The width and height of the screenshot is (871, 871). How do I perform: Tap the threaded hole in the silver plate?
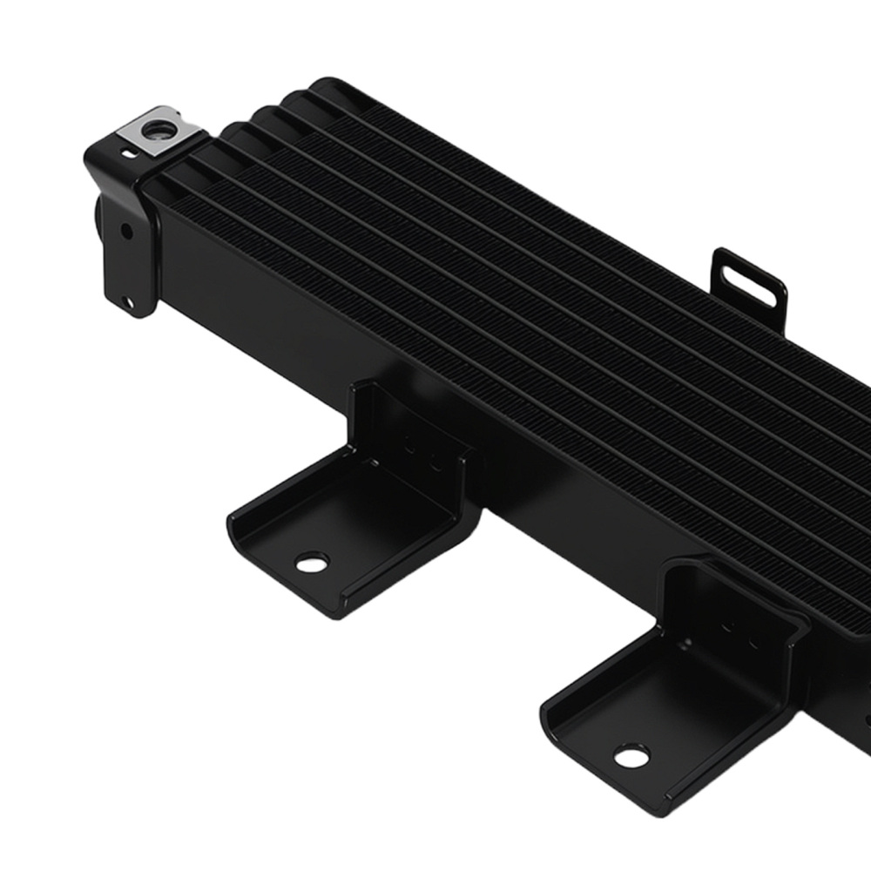coord(159,132)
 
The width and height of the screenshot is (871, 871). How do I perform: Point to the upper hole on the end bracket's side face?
coord(127,232)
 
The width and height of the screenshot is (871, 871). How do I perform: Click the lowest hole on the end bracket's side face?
coord(130,303)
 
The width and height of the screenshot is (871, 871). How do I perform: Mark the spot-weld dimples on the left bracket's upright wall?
coord(421,452)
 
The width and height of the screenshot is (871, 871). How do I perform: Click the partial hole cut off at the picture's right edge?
coord(867,719)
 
